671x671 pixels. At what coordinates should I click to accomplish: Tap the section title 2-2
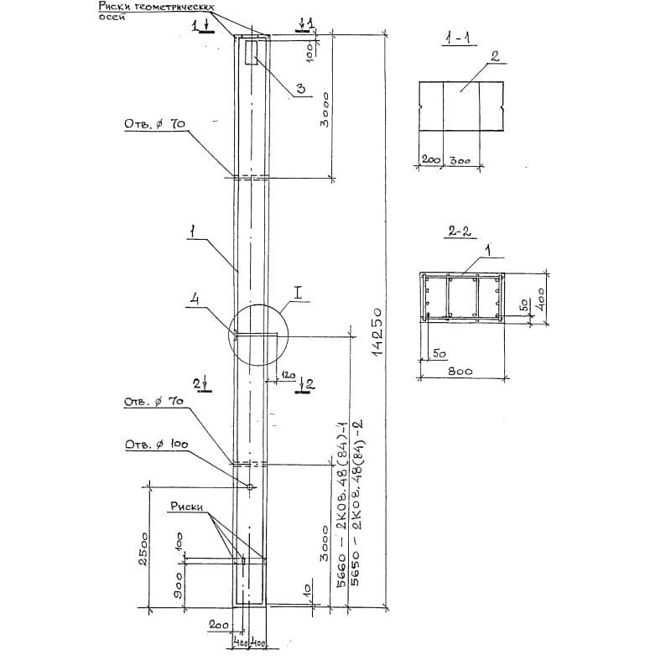[459, 232]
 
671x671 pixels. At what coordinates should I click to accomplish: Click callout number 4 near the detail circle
[195, 299]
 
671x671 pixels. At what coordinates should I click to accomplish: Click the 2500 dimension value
[143, 549]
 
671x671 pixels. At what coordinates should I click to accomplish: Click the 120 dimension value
[288, 376]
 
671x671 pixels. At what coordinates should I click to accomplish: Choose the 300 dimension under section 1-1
[460, 159]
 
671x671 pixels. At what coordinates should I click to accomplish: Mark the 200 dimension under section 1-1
[431, 159]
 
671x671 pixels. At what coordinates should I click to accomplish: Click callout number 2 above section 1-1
[495, 57]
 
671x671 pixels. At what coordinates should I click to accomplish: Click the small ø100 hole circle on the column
[250, 486]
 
